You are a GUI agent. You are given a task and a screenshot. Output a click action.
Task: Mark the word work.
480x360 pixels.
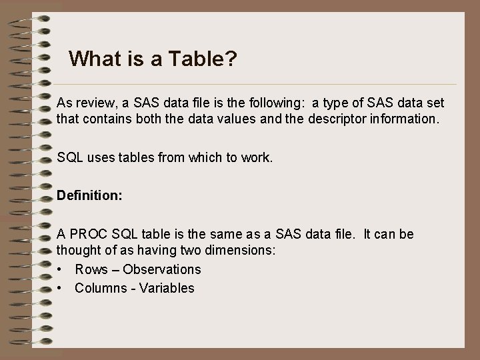pyautogui.click(x=257, y=159)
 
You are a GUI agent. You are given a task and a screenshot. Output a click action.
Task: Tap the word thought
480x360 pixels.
pyautogui.click(x=79, y=251)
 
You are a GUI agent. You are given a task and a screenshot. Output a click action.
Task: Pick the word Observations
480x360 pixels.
pyautogui.click(x=162, y=269)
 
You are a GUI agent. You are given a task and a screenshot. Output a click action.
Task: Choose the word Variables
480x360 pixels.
pyautogui.click(x=167, y=288)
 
